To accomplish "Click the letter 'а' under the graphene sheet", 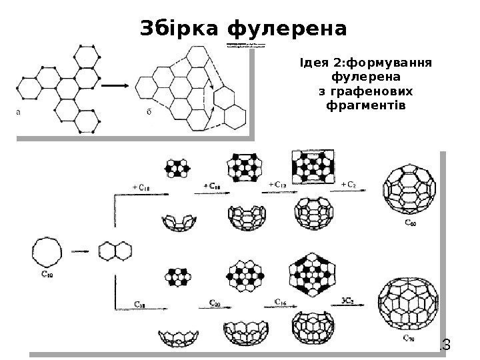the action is click(19, 112).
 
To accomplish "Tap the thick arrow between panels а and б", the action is click(117, 85).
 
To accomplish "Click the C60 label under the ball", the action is click(413, 225).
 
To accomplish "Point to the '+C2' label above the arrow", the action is click(349, 185).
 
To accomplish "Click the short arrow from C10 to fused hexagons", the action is click(81, 252).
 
